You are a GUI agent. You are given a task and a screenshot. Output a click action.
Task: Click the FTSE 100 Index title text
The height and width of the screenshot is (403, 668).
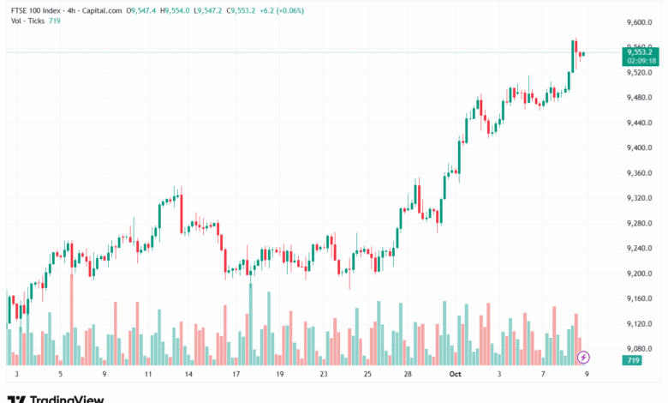click(x=35, y=10)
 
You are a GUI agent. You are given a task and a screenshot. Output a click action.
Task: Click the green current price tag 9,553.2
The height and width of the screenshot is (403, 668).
click(x=641, y=51)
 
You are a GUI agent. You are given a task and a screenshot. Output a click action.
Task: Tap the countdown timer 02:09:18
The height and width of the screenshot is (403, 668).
click(x=641, y=61)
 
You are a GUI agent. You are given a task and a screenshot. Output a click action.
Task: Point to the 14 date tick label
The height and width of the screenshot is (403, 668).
click(x=188, y=375)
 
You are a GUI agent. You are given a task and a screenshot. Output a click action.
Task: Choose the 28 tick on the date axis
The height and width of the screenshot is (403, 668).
click(x=408, y=375)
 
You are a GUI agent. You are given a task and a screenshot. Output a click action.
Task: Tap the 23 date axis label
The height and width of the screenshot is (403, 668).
click(x=323, y=375)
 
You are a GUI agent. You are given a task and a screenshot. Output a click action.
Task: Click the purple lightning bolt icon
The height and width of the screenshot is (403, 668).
click(x=583, y=356)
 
